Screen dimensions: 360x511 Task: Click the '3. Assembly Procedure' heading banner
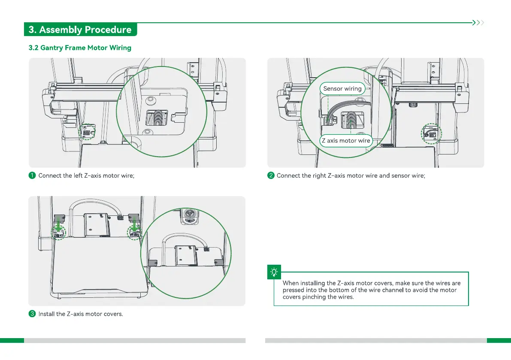click(x=80, y=30)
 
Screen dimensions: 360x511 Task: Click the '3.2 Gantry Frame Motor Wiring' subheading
click(x=80, y=48)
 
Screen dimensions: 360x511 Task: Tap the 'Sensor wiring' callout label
click(x=342, y=89)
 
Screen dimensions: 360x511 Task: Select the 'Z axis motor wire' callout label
click(x=346, y=141)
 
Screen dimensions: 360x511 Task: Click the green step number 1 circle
click(x=32, y=175)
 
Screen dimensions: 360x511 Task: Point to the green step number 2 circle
click(x=271, y=175)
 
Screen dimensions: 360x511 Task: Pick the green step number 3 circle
click(x=32, y=314)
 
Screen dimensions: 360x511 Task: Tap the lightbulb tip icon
click(x=274, y=272)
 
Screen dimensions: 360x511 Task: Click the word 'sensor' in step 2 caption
click(x=401, y=175)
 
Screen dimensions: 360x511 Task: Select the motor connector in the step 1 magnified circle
click(x=158, y=118)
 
